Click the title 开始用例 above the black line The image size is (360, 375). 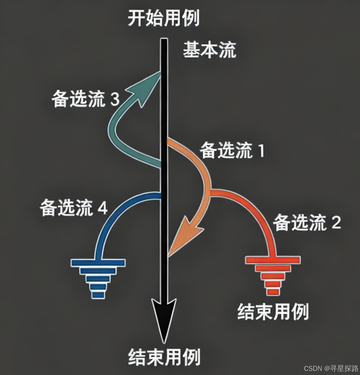(164, 19)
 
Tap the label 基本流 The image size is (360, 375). (209, 50)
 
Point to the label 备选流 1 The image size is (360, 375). (232, 151)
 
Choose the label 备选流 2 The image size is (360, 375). (307, 223)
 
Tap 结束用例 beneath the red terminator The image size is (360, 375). (273, 311)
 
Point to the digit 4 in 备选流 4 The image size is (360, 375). (103, 208)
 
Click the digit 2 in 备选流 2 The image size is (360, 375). (336, 223)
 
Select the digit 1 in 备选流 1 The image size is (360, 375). (260, 151)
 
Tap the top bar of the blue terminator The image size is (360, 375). (98, 262)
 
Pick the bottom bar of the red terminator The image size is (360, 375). (273, 292)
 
